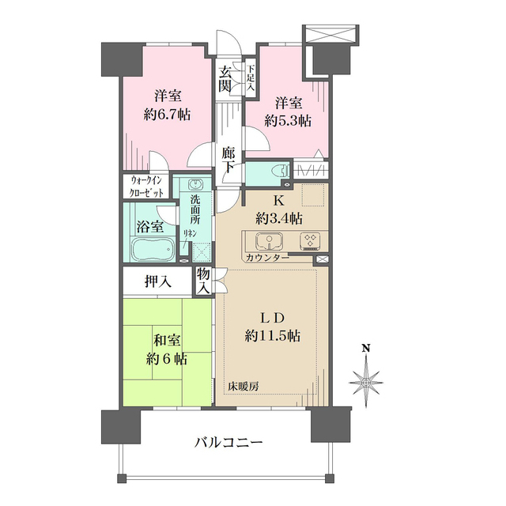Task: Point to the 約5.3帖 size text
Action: coord(288,120)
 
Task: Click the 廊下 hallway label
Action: coord(228,160)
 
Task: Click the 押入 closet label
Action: coord(158,281)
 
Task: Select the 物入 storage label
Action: coord(204,281)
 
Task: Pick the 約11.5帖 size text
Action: coord(272,334)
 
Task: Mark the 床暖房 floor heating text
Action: coord(244,387)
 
